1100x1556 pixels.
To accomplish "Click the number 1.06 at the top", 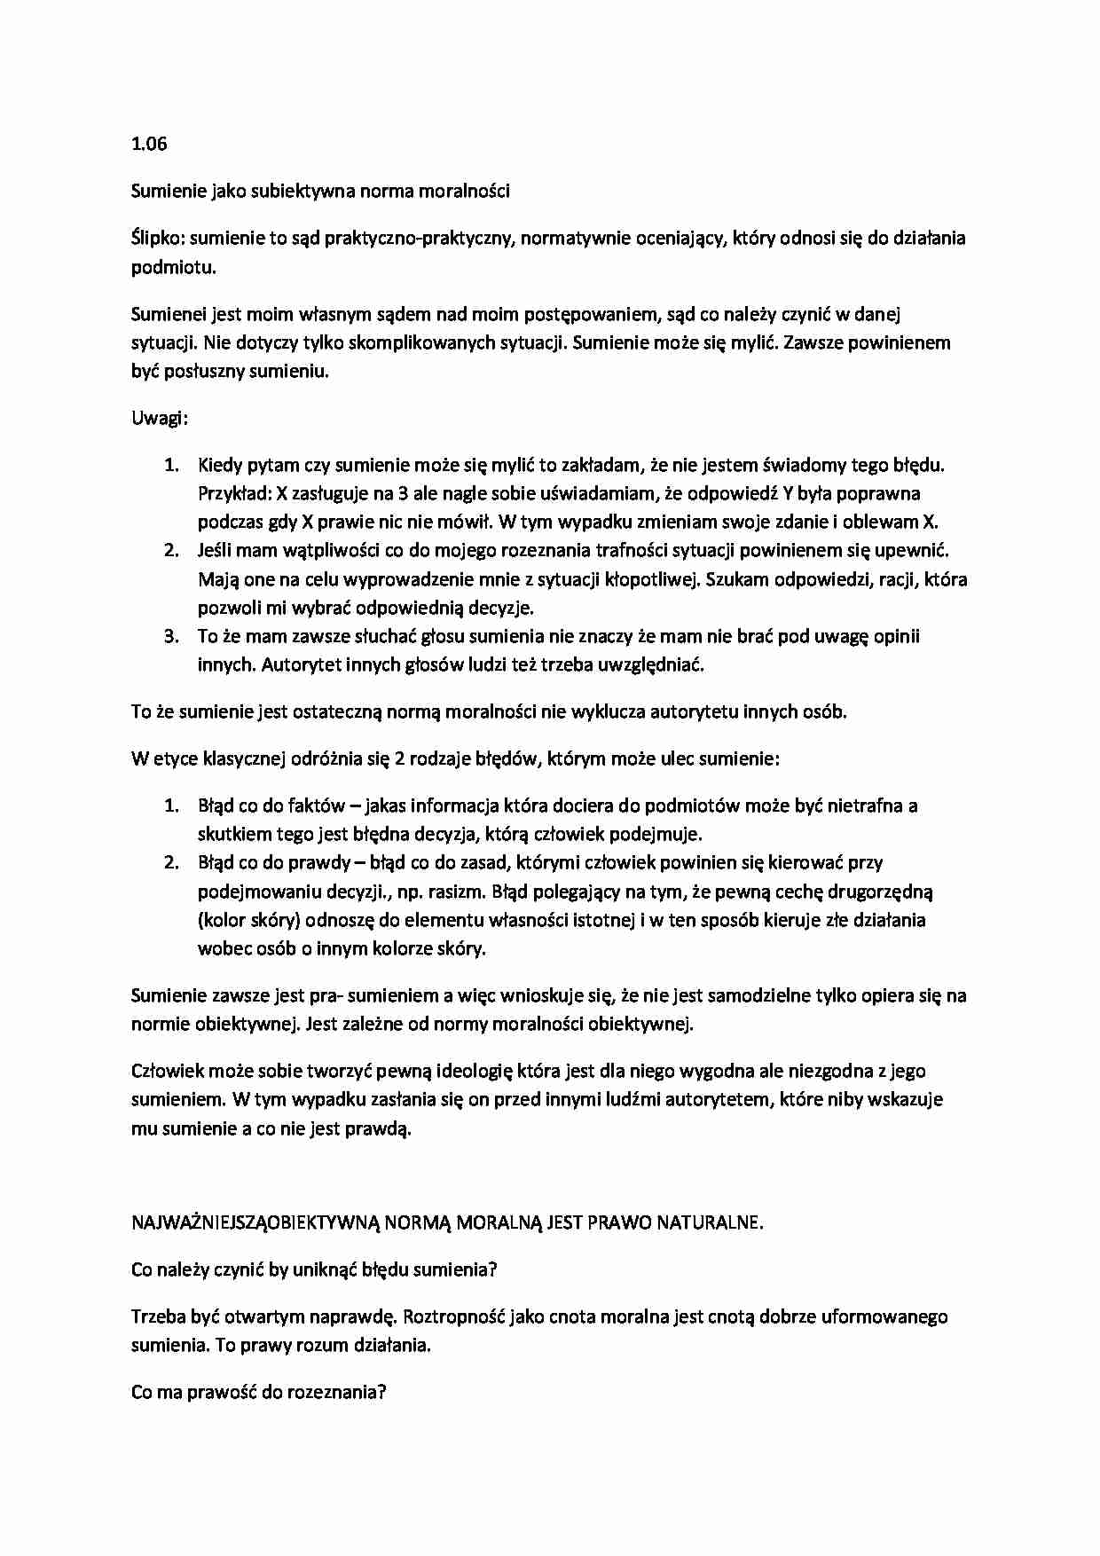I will (x=149, y=144).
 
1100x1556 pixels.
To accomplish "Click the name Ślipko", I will (x=158, y=238).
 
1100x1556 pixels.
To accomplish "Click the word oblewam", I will (x=882, y=522).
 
